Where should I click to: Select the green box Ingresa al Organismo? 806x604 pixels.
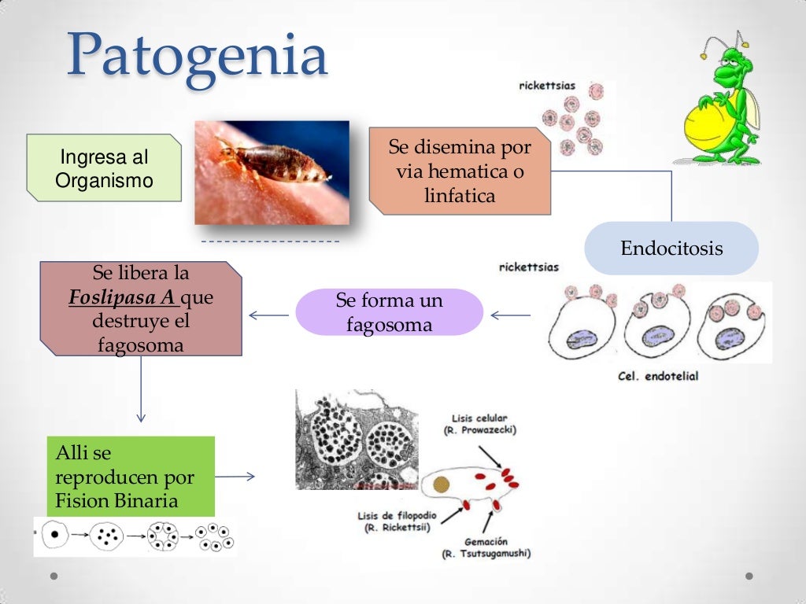tap(104, 168)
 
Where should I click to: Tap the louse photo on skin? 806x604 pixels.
tap(272, 172)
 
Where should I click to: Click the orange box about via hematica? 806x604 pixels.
tap(460, 171)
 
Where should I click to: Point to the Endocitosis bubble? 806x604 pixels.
tap(671, 249)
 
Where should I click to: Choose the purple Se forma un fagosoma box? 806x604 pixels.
tap(389, 312)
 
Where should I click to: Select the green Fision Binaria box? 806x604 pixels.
tap(131, 477)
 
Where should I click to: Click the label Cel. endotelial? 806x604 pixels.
tap(659, 376)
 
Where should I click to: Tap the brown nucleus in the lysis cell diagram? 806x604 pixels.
tap(442, 484)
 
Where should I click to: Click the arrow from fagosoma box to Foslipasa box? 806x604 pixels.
tap(268, 315)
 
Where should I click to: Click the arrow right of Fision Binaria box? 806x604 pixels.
tap(235, 476)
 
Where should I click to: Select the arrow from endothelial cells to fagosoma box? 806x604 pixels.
tap(511, 315)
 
